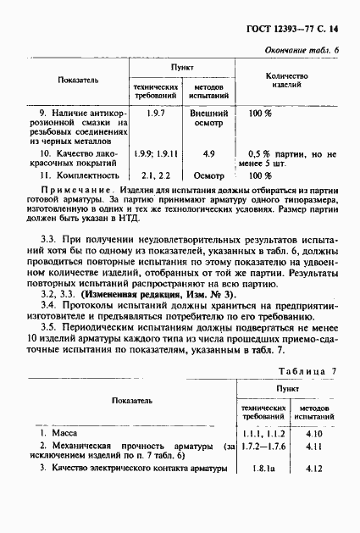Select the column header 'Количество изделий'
pos(286,81)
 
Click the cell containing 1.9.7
pos(155,113)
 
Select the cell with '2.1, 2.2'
pos(155,175)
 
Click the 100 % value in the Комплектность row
pos(260,175)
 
